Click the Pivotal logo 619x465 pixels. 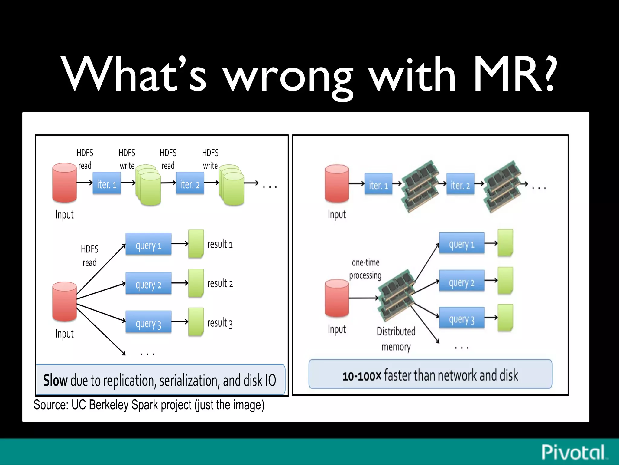pyautogui.click(x=573, y=452)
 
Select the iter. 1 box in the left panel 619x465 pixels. pyautogui.click(x=106, y=183)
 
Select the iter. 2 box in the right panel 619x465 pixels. pyautogui.click(x=460, y=184)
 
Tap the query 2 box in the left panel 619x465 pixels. pyautogui.click(x=148, y=283)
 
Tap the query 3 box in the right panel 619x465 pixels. pyautogui.click(x=462, y=318)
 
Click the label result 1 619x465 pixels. pyautogui.click(x=220, y=244)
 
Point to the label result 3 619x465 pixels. pyautogui.click(x=220, y=323)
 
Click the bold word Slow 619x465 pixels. pyautogui.click(x=55, y=380)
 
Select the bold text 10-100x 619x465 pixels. pyautogui.click(x=362, y=376)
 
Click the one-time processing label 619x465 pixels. pyautogui.click(x=365, y=269)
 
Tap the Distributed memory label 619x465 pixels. pyautogui.click(x=396, y=339)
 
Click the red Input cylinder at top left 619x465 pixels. pyautogui.click(x=64, y=183)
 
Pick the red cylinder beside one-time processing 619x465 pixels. pyautogui.click(x=337, y=298)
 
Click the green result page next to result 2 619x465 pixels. pyautogui.click(x=196, y=283)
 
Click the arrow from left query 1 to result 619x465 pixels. pyautogui.click(x=180, y=243)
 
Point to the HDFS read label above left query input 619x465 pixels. pyautogui.click(x=89, y=256)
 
